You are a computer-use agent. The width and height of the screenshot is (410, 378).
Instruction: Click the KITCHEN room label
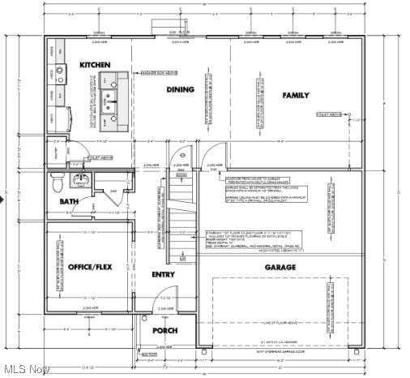95,64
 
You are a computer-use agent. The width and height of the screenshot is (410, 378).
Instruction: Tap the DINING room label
180,89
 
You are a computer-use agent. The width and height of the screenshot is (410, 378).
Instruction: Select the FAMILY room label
296,95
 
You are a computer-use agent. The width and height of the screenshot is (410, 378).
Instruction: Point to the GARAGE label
280,267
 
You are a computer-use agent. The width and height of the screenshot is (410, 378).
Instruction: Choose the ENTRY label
163,274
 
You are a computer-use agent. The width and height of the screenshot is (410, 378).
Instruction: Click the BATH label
69,201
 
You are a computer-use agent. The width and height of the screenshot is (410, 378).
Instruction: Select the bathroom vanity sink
81,179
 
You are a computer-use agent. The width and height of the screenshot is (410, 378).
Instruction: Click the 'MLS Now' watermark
26,369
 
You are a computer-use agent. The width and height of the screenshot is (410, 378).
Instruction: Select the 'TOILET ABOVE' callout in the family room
330,115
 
